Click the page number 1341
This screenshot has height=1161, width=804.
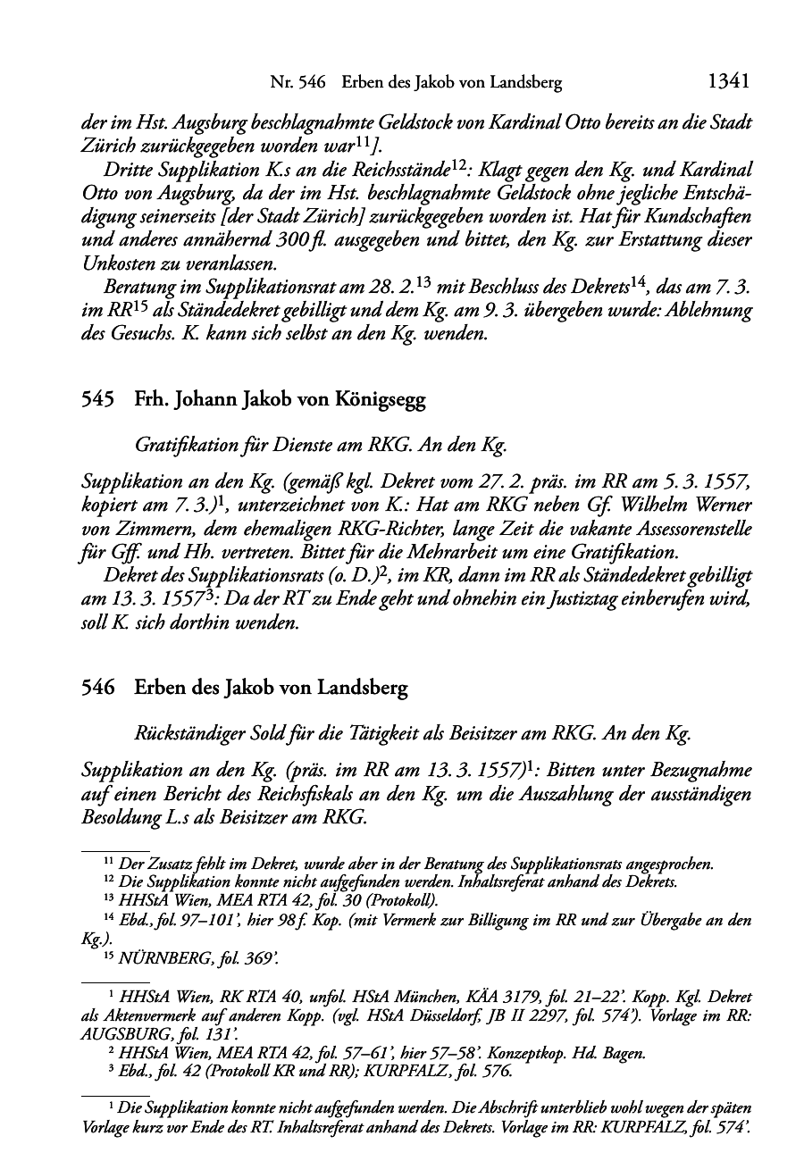[727, 81]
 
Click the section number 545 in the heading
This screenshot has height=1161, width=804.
[98, 399]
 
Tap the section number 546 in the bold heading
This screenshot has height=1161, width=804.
[98, 689]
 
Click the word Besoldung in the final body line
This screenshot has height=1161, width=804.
[117, 816]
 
